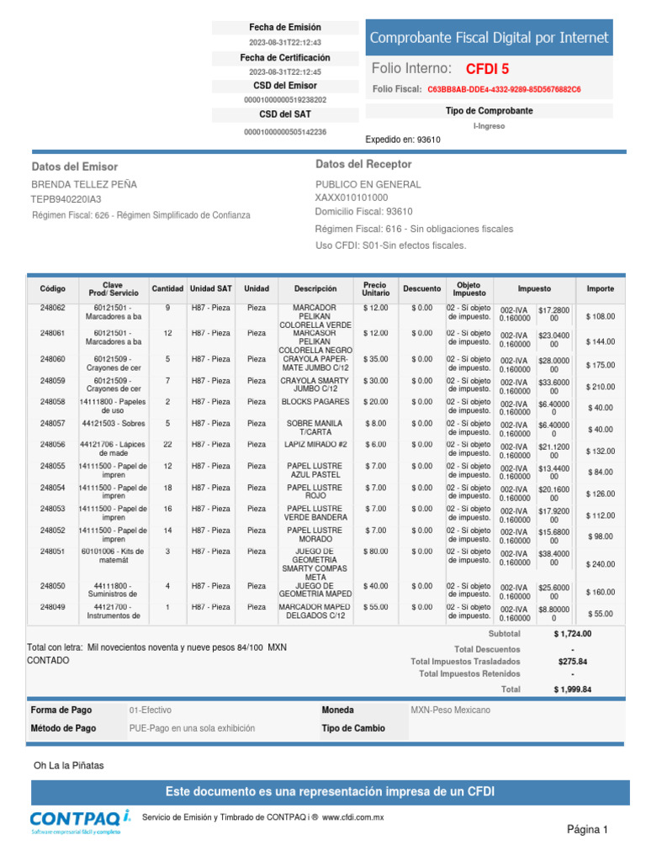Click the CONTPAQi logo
(x=80, y=821)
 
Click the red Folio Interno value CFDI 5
(x=487, y=69)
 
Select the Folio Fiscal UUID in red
(x=503, y=89)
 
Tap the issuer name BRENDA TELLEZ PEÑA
(x=84, y=184)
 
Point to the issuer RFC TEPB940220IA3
(x=66, y=199)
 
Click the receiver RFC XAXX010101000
(x=352, y=197)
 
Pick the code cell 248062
(x=52, y=308)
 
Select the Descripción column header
(x=315, y=288)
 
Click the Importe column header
(x=600, y=288)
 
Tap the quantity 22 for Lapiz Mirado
(x=167, y=444)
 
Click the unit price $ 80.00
(x=375, y=552)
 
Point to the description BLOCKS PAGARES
(x=315, y=402)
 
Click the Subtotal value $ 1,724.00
(x=572, y=634)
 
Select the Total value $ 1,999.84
(x=572, y=689)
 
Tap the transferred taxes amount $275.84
(x=572, y=662)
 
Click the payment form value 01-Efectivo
(x=150, y=710)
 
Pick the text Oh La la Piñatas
(x=69, y=765)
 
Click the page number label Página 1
(x=587, y=830)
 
